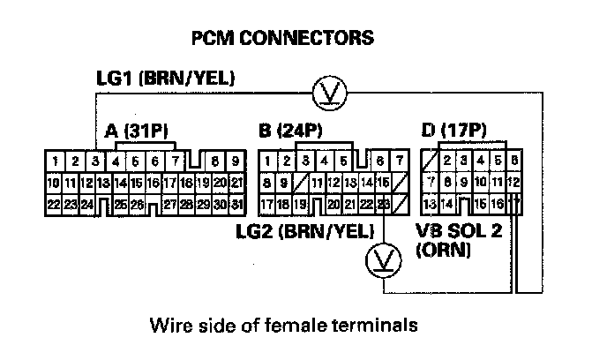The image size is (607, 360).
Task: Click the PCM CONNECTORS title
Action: (281, 38)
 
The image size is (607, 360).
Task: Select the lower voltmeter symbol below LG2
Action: (384, 259)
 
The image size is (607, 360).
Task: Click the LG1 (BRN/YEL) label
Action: (165, 79)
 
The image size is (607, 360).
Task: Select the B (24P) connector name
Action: (290, 131)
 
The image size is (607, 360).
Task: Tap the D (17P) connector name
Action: (453, 131)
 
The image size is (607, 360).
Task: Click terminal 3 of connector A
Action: (95, 161)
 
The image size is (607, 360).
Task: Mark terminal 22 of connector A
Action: (55, 205)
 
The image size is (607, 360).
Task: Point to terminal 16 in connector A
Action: (155, 183)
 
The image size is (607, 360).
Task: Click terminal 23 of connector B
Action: (384, 205)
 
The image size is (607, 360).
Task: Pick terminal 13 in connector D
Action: (431, 205)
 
